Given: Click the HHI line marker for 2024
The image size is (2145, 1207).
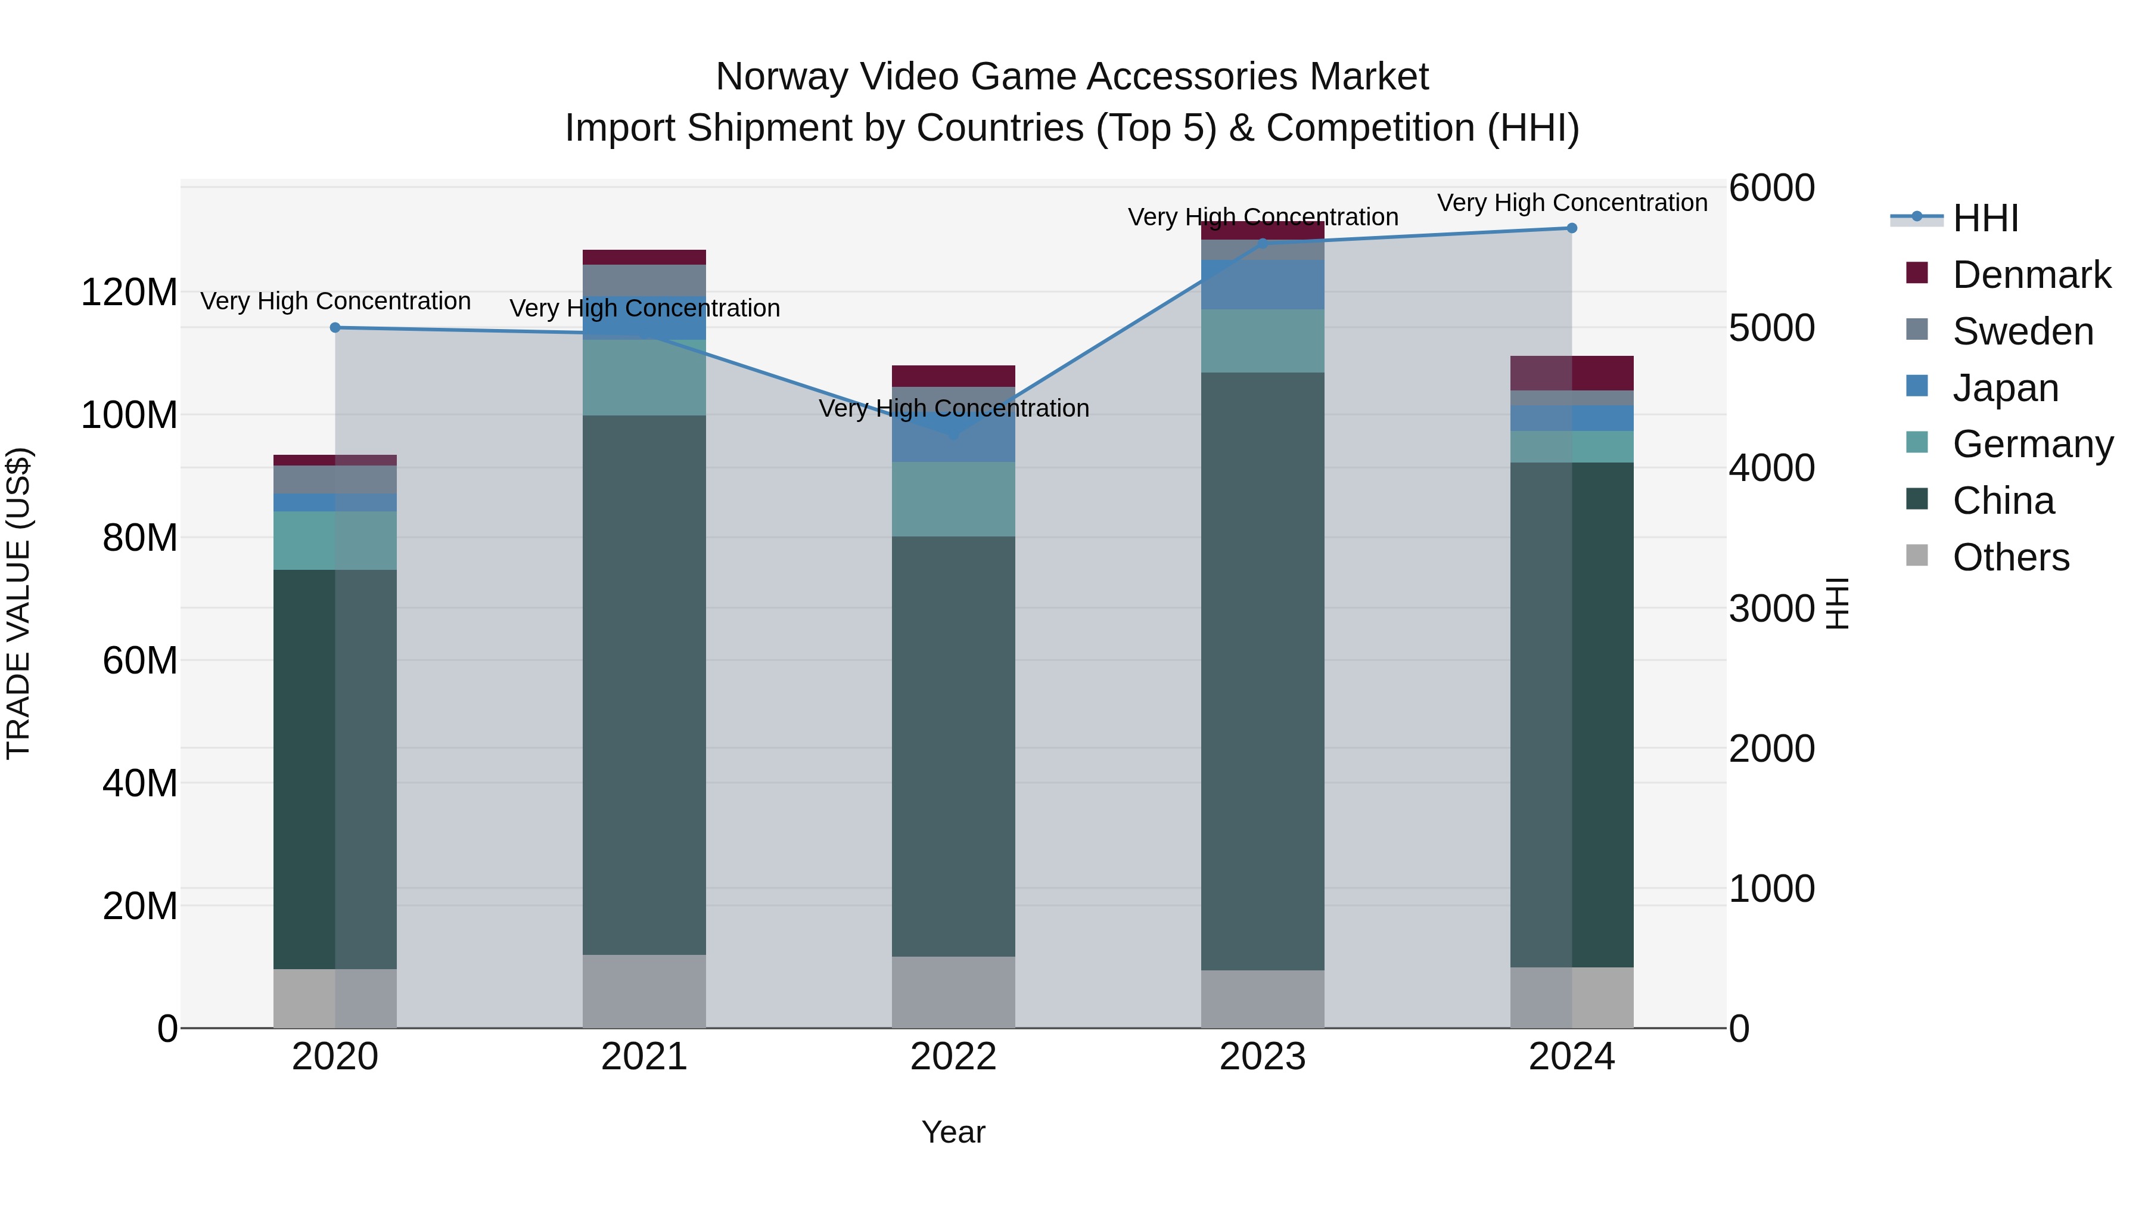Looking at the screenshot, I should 1571,228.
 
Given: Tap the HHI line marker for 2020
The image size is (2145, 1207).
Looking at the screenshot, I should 335,327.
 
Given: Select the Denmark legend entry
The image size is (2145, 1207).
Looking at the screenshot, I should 2031,275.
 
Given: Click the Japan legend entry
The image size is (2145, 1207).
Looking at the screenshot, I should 2005,388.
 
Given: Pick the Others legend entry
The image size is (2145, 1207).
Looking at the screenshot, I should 2010,557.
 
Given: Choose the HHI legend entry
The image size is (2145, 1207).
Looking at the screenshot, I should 1985,218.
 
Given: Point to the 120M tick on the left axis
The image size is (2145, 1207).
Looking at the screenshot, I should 129,293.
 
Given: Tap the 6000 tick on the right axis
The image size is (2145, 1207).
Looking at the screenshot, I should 1771,188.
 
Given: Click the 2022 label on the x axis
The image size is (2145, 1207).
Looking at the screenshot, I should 953,1057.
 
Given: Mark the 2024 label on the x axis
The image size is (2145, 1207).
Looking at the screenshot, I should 1571,1057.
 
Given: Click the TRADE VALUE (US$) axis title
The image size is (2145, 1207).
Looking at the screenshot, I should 19,603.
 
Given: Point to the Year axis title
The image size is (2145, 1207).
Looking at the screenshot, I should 953,1132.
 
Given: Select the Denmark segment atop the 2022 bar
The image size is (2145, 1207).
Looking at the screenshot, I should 953,376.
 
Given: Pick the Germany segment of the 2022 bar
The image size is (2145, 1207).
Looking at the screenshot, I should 953,498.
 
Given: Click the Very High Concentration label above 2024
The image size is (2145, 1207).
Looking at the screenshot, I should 1571,203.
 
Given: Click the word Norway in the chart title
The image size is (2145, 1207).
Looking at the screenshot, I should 781,77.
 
